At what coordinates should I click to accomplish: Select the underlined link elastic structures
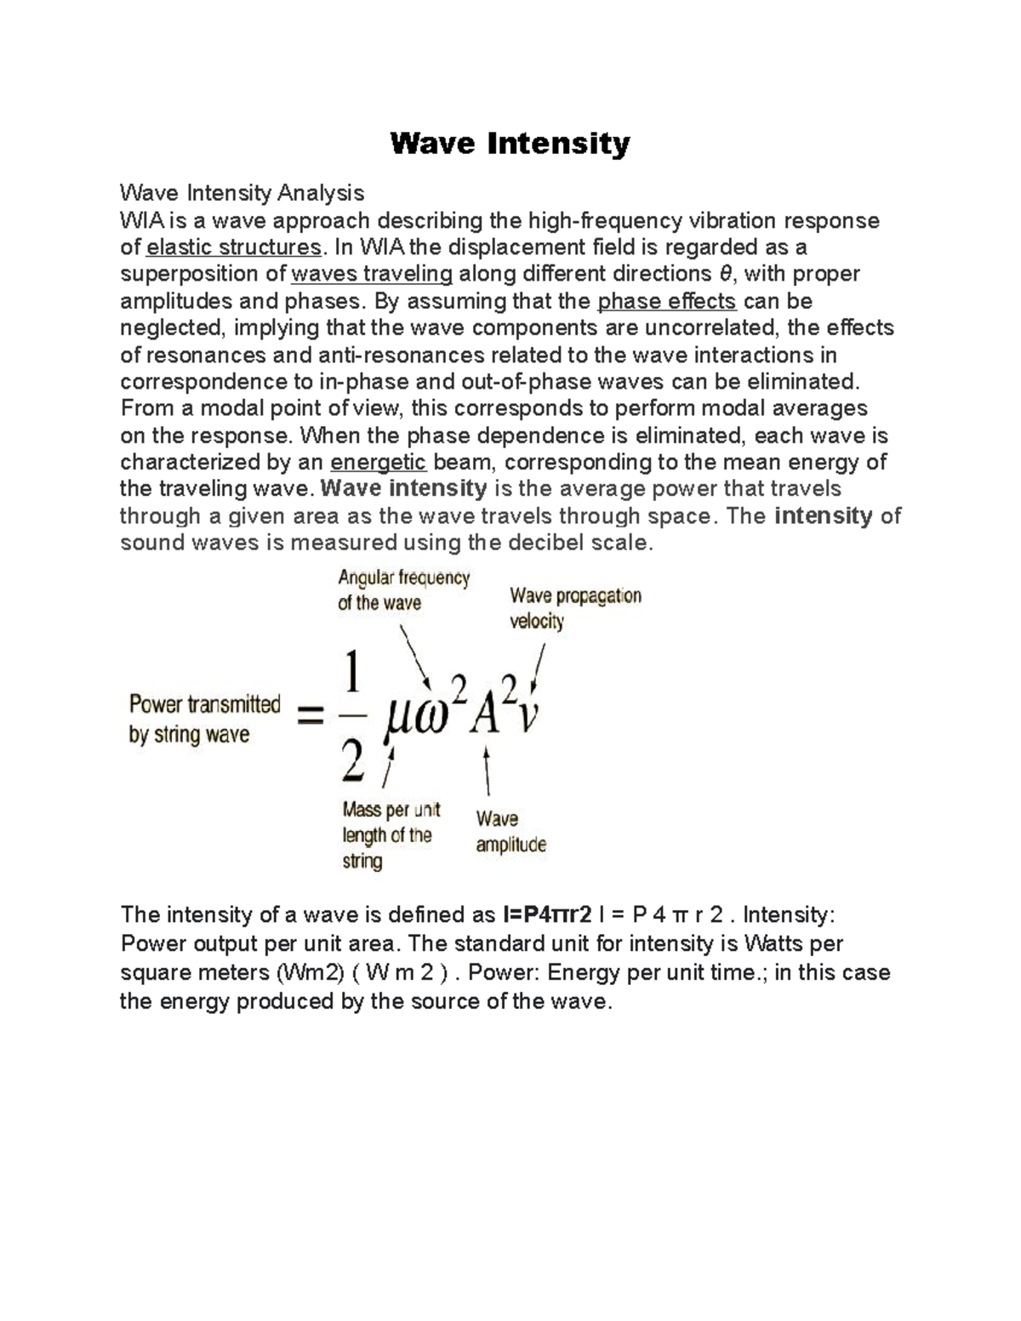click(234, 248)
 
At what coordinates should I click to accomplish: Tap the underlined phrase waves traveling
click(372, 274)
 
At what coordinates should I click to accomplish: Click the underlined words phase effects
click(667, 301)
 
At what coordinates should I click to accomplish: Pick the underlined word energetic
click(378, 463)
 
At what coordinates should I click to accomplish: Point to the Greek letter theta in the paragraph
click(725, 274)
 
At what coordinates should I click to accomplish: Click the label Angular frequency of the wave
click(403, 590)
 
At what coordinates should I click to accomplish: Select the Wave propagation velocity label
click(575, 607)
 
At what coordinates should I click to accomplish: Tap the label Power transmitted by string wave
click(204, 719)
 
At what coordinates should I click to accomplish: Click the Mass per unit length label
click(391, 834)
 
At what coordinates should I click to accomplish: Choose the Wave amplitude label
click(510, 831)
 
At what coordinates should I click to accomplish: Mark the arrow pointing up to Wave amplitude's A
click(487, 772)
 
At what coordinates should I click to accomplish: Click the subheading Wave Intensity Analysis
click(242, 193)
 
